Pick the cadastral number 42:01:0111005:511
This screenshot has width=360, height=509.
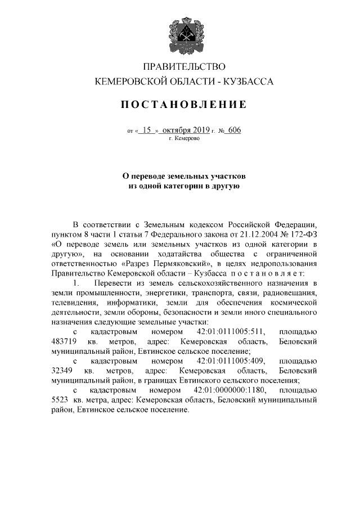pos(231,332)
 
